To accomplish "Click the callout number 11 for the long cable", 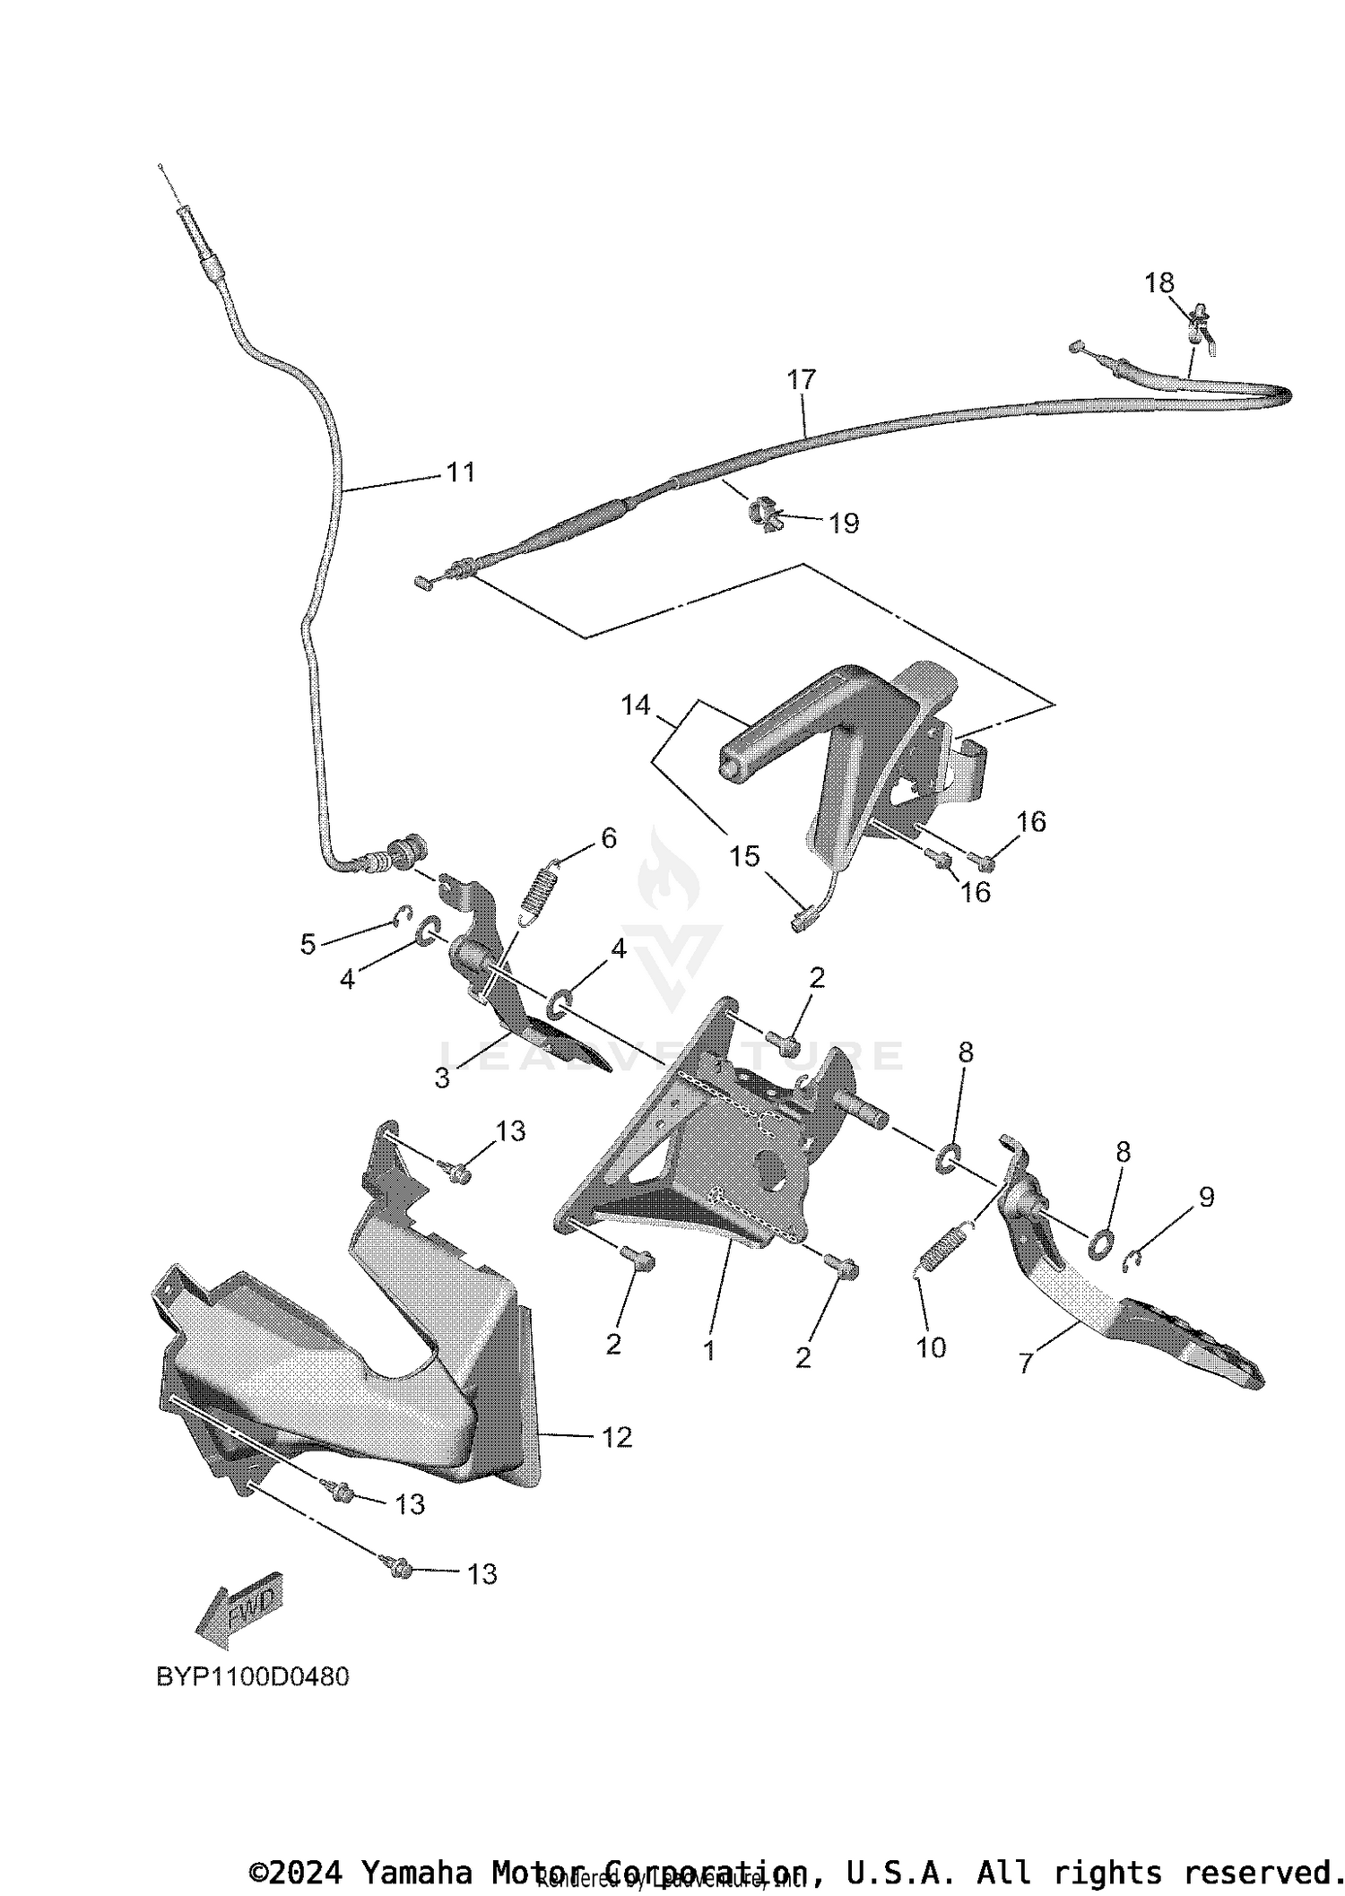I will [460, 472].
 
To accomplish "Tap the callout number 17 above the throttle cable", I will [802, 379].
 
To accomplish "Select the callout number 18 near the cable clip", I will [1158, 283].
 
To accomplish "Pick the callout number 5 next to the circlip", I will [308, 944].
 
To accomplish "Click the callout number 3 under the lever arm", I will [441, 1078].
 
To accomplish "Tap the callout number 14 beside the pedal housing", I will [635, 706].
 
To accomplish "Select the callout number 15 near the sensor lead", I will [744, 856].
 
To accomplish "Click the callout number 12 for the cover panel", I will [617, 1437].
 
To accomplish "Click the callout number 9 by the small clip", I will [1206, 1197].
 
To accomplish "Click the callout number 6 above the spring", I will [609, 838].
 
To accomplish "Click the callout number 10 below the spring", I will [931, 1347].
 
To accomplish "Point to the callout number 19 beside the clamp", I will [843, 523].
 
